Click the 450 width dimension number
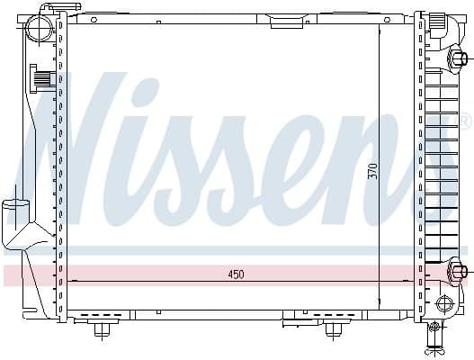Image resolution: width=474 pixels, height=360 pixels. pos(234,274)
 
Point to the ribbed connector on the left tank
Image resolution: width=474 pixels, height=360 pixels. pos(41,79)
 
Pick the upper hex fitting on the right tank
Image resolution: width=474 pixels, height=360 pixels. pos(458,60)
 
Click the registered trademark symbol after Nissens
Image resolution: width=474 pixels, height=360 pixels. pos(464,121)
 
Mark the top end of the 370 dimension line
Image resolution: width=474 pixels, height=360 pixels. pos(379,25)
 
